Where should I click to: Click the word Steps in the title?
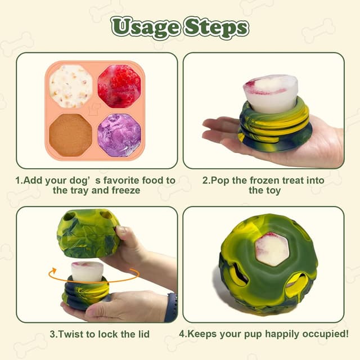216,26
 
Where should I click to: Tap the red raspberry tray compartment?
119,85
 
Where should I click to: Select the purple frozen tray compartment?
119,135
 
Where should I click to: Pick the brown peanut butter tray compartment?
71,135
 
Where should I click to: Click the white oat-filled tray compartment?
71,85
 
